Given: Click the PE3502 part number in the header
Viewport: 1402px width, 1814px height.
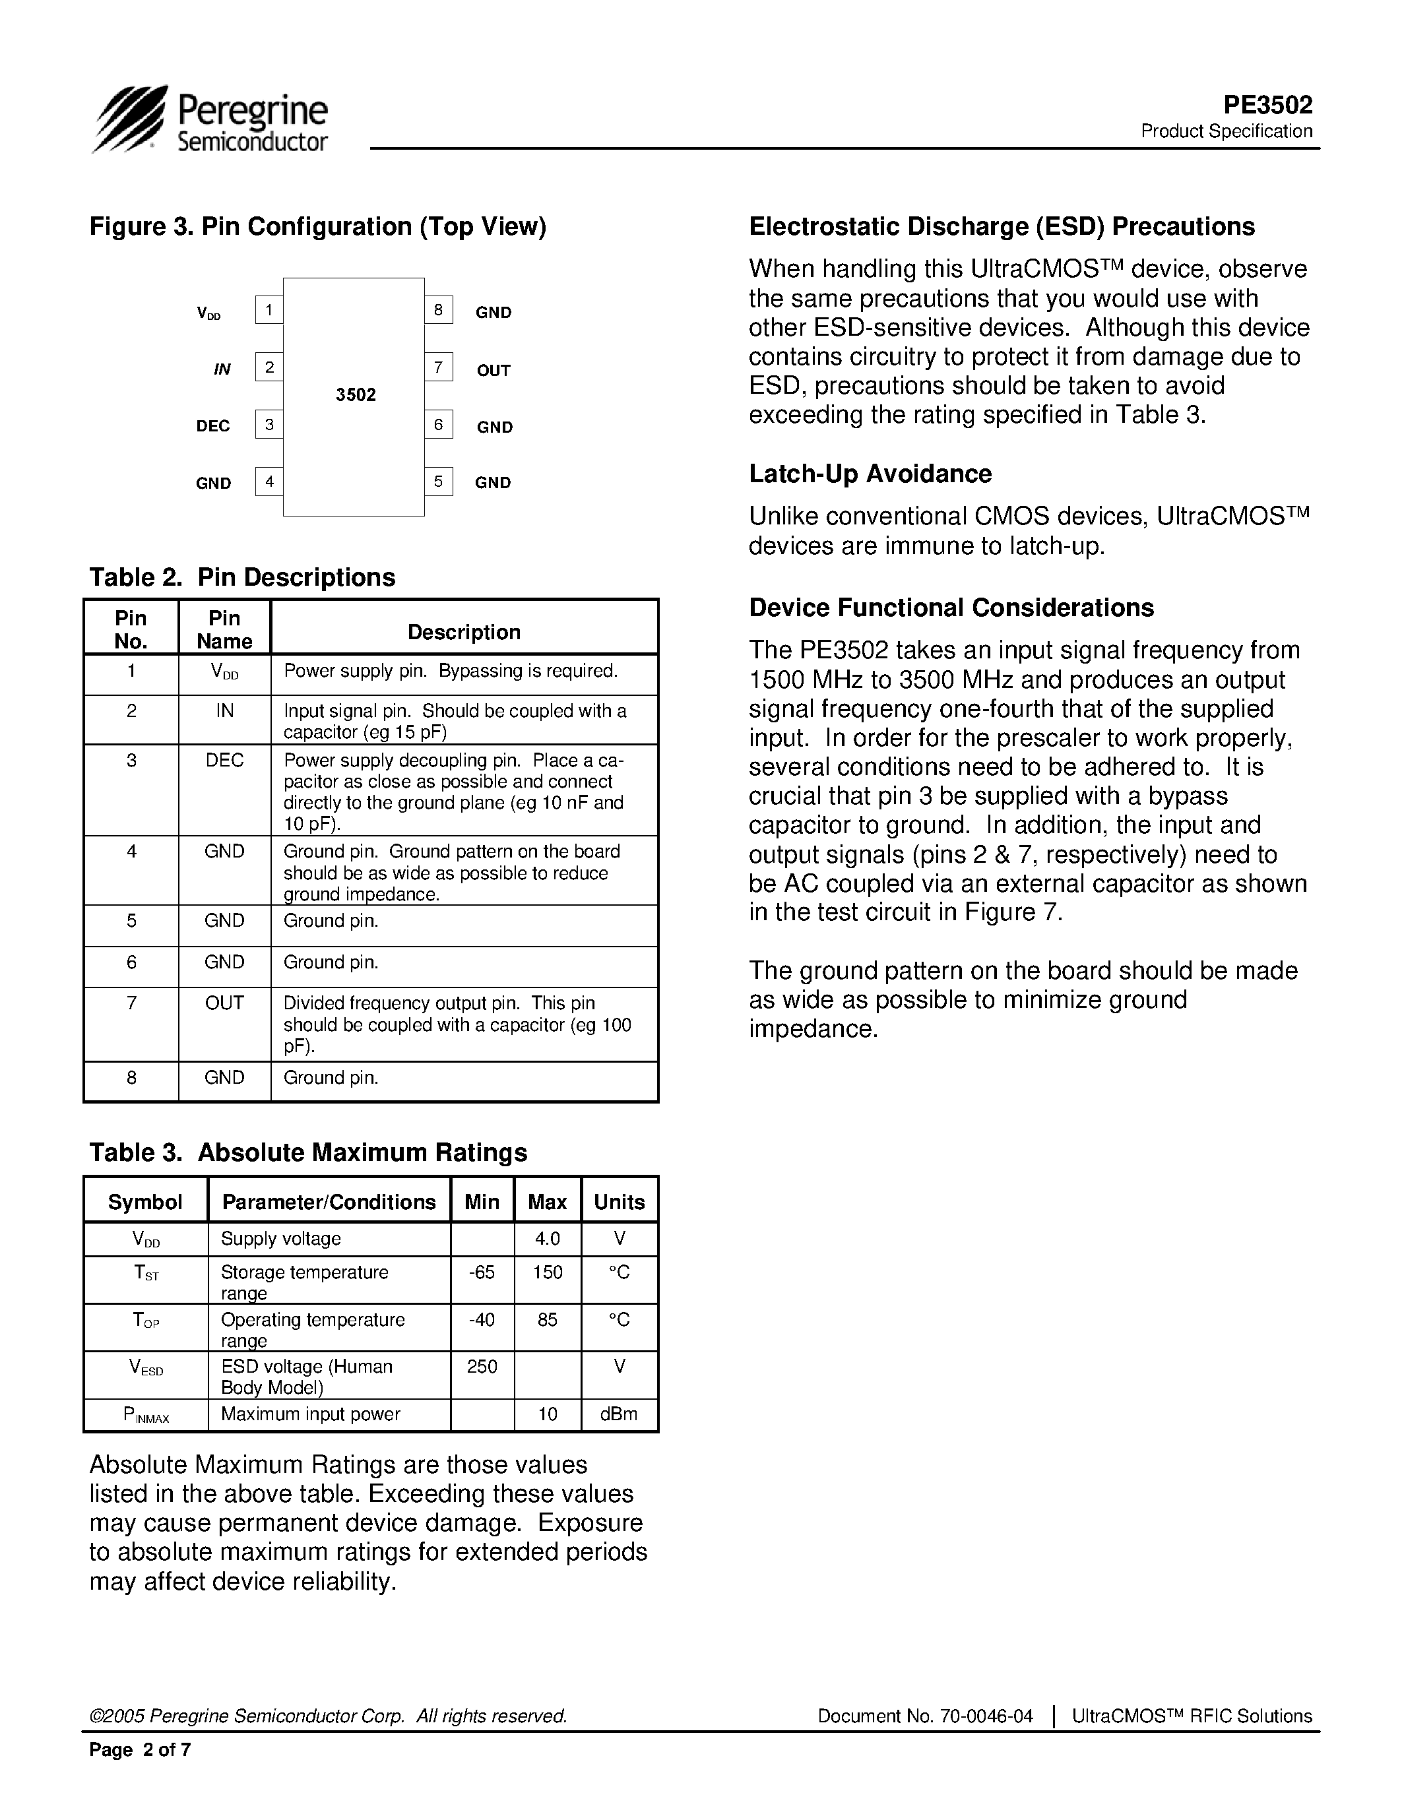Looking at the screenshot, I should [1267, 105].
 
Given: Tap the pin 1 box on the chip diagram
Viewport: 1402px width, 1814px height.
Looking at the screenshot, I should [269, 311].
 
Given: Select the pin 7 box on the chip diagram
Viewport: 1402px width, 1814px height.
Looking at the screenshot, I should [439, 367].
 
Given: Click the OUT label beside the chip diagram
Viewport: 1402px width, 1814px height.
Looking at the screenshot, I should [494, 371].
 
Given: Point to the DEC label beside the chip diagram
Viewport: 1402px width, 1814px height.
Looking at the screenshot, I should [212, 426].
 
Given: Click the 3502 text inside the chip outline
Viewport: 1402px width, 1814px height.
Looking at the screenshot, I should [356, 395].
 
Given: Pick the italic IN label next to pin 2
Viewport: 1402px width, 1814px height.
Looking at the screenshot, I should [222, 369].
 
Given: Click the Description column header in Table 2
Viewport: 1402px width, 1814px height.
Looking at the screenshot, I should [463, 632].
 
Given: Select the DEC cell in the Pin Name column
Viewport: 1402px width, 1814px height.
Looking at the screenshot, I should [224, 760].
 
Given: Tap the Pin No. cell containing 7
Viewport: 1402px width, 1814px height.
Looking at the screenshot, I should [131, 1003].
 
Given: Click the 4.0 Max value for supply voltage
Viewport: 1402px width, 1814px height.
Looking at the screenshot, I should [548, 1238].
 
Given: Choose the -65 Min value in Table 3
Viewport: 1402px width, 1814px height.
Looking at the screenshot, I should [482, 1272].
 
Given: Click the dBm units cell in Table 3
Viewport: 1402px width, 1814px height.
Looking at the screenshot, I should [619, 1414].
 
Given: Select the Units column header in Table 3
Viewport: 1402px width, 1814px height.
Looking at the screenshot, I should [619, 1202].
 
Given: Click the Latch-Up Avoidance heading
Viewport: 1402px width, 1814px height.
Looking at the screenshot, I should [870, 474].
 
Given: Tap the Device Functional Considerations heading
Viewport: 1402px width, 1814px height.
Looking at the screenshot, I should [951, 607].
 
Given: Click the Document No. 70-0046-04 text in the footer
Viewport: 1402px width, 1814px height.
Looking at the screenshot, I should [925, 1716].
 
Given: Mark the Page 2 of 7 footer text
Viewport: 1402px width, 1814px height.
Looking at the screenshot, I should [141, 1750].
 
